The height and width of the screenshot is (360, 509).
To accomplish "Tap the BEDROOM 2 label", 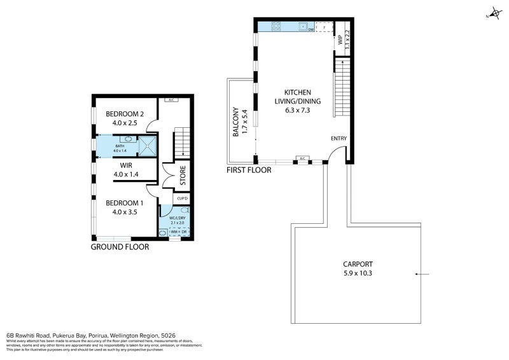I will click(125, 114).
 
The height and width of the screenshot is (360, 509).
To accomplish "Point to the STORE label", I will click(183, 176).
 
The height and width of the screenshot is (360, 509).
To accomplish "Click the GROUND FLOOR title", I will click(120, 247).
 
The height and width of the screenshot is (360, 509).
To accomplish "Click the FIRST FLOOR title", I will click(249, 170).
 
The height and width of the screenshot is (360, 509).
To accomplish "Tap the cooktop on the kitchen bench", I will click(277, 26).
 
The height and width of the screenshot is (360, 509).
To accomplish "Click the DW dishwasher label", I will click(310, 29).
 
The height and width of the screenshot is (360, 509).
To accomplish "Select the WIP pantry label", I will click(340, 39).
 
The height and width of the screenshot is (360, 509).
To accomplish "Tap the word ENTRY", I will click(339, 139).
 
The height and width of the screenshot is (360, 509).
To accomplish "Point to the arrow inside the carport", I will click(422, 275).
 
